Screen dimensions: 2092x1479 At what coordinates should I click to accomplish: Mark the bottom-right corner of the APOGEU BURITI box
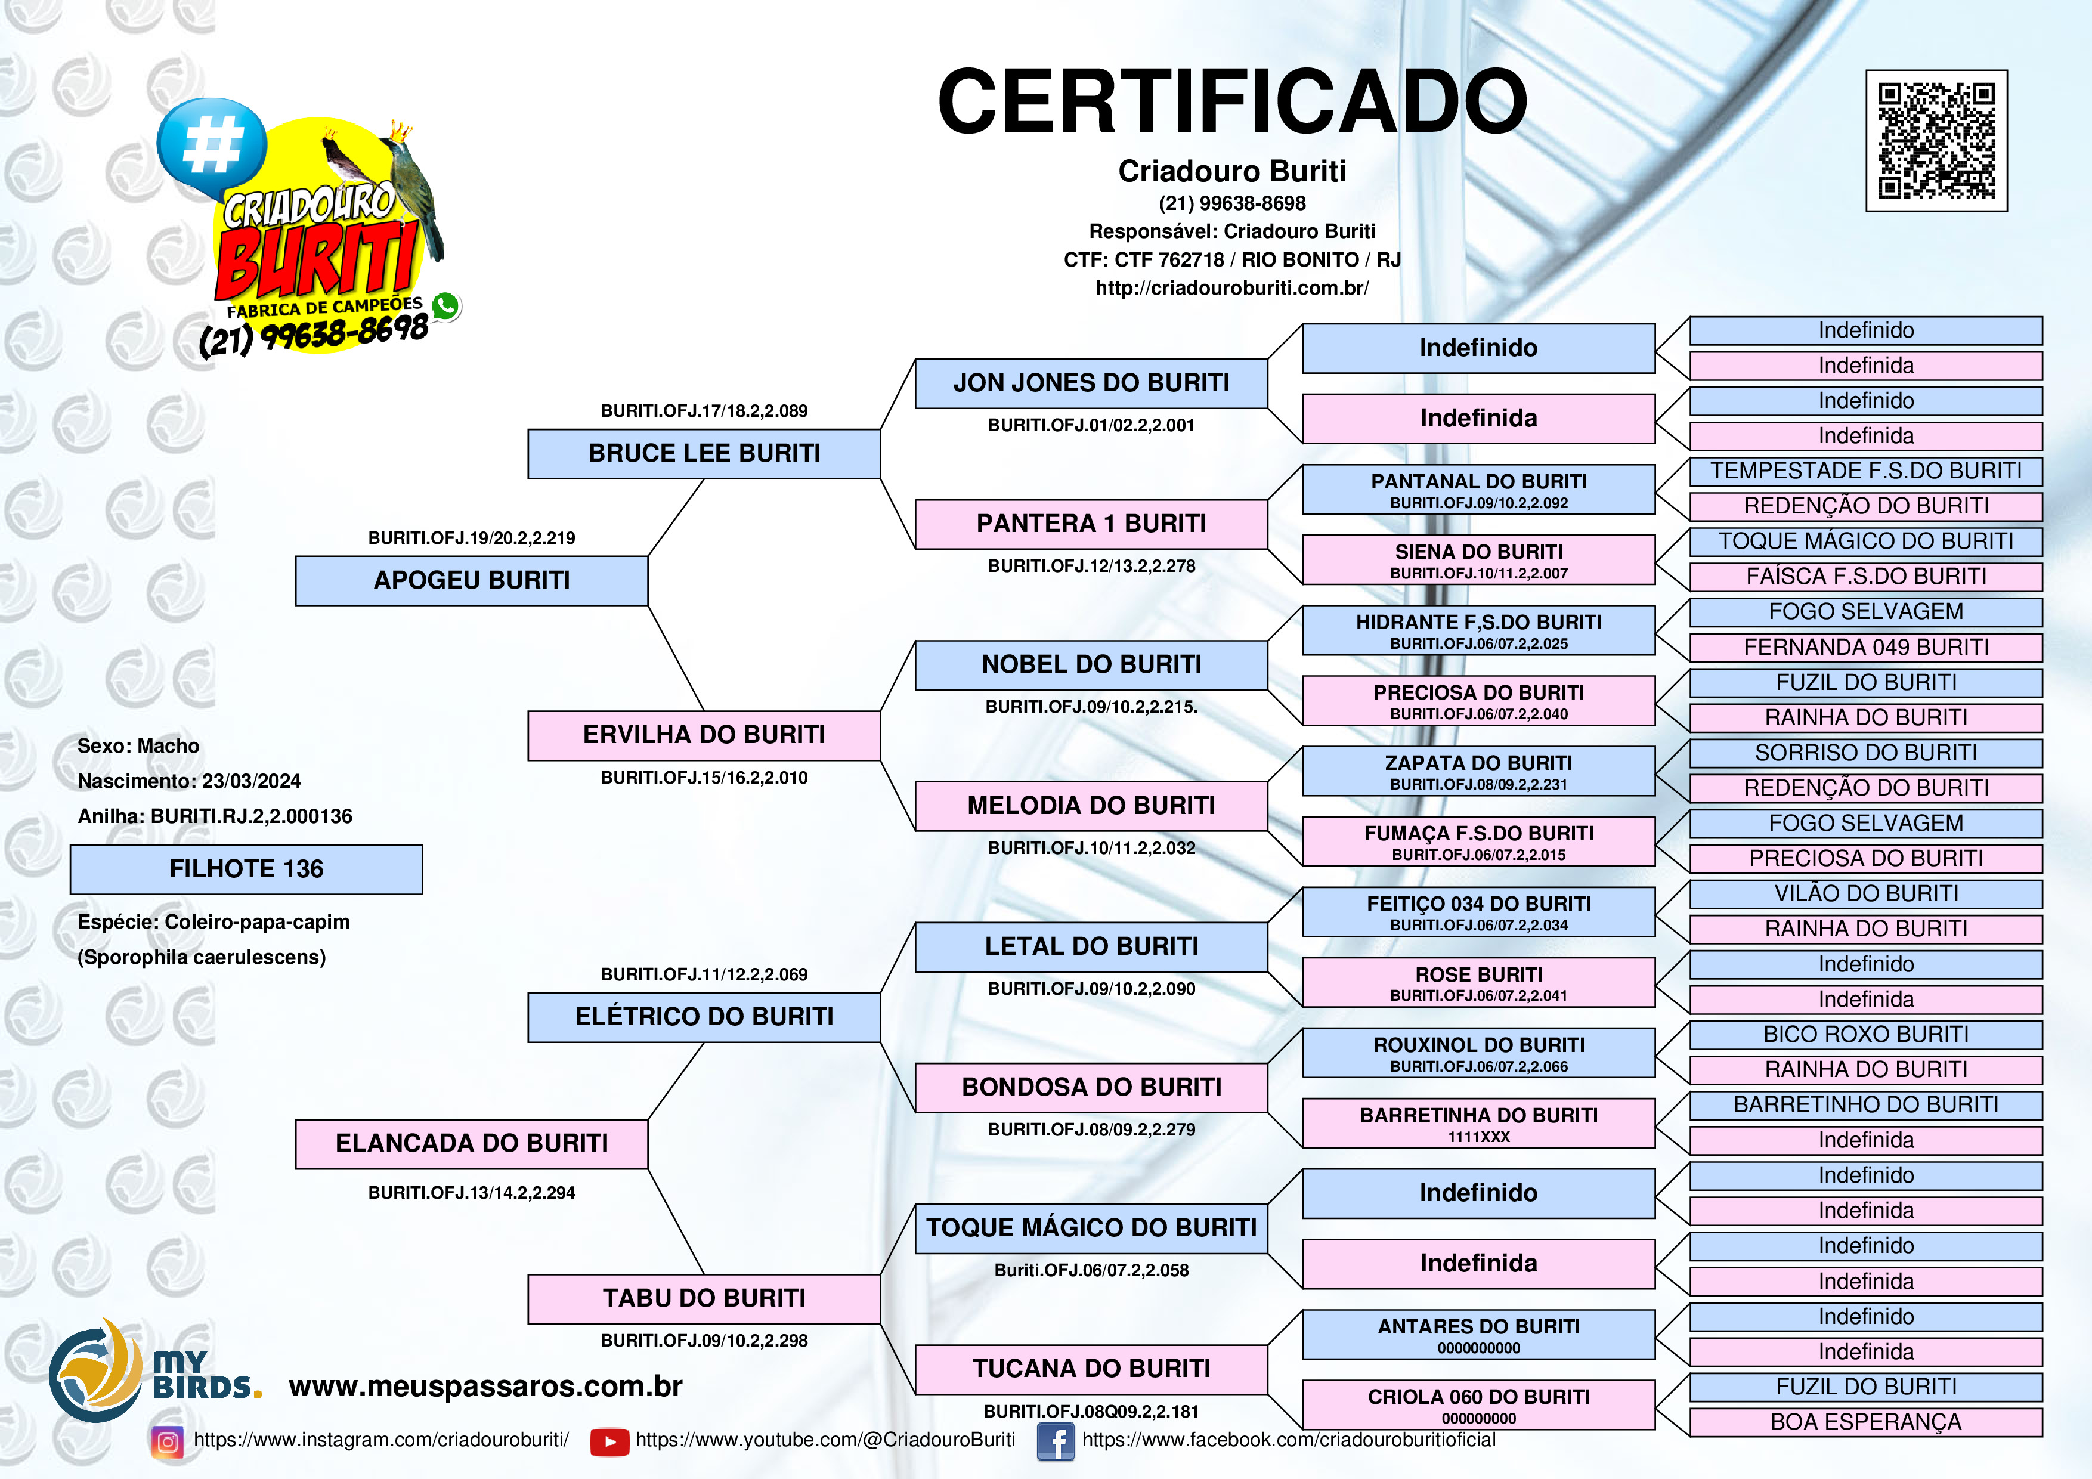[x=648, y=605]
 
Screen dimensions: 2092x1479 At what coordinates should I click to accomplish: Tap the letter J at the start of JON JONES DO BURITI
[x=960, y=383]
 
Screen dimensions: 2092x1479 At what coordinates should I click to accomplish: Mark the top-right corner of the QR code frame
[x=2007, y=70]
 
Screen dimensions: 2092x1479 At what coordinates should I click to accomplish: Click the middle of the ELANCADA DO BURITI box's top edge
[x=472, y=1120]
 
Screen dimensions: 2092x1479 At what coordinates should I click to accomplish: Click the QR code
[x=1936, y=140]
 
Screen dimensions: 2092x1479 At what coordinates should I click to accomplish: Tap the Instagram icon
[x=168, y=1441]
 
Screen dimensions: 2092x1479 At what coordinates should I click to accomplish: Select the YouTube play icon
[x=609, y=1441]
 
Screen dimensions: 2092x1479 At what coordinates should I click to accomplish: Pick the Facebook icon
[x=1056, y=1441]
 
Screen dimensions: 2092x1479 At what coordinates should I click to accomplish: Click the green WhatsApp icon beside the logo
[x=445, y=306]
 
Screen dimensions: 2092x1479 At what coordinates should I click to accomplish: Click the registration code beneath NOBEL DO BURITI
[x=1091, y=706]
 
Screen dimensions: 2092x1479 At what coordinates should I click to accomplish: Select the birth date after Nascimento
[x=252, y=781]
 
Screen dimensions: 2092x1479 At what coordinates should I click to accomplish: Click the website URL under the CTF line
[x=1232, y=288]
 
